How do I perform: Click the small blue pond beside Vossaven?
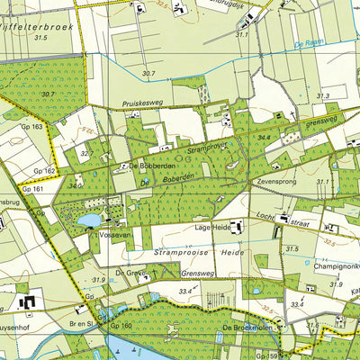pyautogui.click(x=90, y=220)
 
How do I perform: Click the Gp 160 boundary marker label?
pyautogui.click(x=121, y=326)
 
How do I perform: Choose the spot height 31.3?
pyautogui.click(x=323, y=95)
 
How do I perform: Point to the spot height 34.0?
pyautogui.click(x=75, y=186)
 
